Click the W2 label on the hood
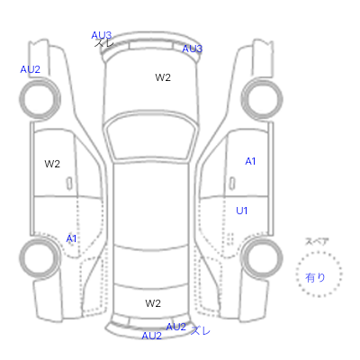pos(163,77)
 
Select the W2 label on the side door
pos(52,164)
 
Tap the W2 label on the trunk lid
pos(153,303)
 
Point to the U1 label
pos(242,211)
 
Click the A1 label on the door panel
pos(250,161)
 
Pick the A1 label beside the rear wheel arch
pos(71,238)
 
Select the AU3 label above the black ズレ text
pos(102,35)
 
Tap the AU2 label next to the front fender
pos(30,69)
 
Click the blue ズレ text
pos(201,330)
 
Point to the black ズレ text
pos(104,43)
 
